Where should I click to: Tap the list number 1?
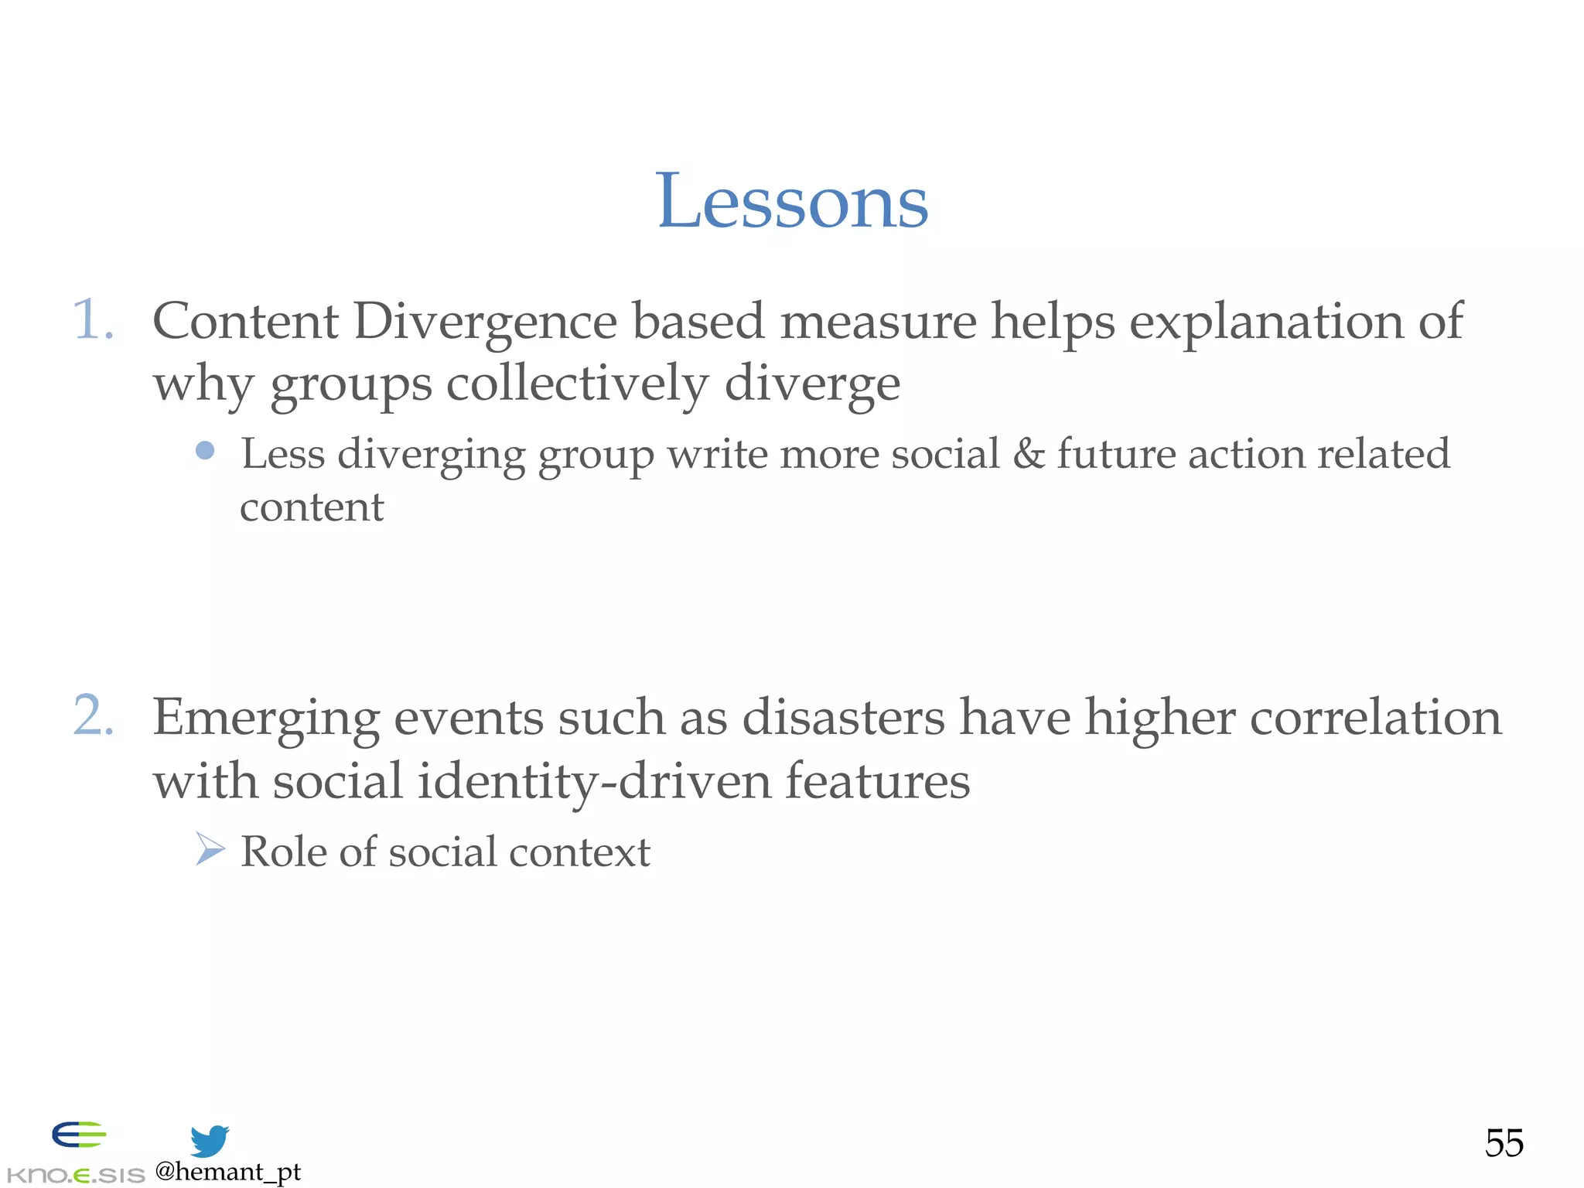pos(92,319)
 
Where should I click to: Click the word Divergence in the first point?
pos(486,322)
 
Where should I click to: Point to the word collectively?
pos(576,384)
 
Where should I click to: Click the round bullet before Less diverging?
pos(205,450)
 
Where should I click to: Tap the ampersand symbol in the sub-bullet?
pos(1028,453)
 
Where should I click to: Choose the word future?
pos(1116,453)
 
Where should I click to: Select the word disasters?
pos(843,717)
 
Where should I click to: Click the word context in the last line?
pos(579,852)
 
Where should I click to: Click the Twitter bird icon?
pos(210,1140)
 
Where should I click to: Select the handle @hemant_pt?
pos(227,1172)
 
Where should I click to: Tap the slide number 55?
pos(1504,1143)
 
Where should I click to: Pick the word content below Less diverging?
pos(312,507)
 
